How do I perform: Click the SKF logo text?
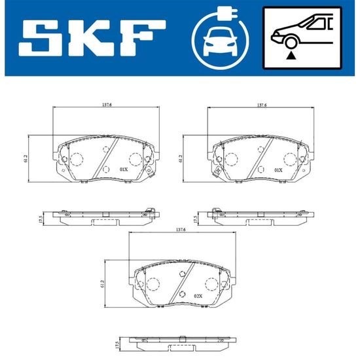pyautogui.click(x=92, y=38)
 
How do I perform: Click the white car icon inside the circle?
pyautogui.click(x=220, y=41)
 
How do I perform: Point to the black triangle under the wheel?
pyautogui.click(x=291, y=56)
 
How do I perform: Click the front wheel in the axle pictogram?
pyautogui.click(x=291, y=43)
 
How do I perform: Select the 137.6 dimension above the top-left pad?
pyautogui.click(x=107, y=105)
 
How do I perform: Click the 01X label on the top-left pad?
pyautogui.click(x=124, y=170)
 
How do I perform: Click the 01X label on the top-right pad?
pyautogui.click(x=278, y=170)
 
